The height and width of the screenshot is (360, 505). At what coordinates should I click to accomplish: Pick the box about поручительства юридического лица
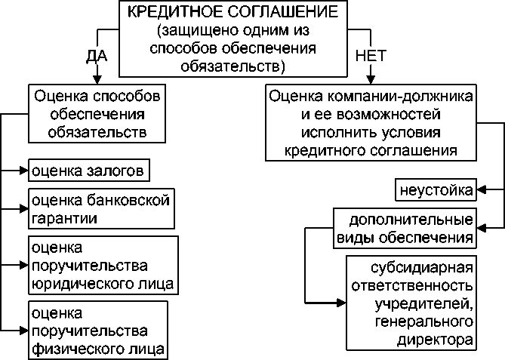tap(103, 266)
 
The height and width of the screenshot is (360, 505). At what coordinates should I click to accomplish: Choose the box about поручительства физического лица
tap(97, 330)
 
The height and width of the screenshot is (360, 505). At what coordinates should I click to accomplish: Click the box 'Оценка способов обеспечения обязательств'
tap(97, 115)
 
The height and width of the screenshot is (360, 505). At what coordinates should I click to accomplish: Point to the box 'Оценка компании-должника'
tap(371, 123)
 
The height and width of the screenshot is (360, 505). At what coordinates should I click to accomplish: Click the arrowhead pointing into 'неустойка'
tap(482, 188)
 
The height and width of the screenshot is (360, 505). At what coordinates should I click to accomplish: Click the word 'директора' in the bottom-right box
tap(436, 340)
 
